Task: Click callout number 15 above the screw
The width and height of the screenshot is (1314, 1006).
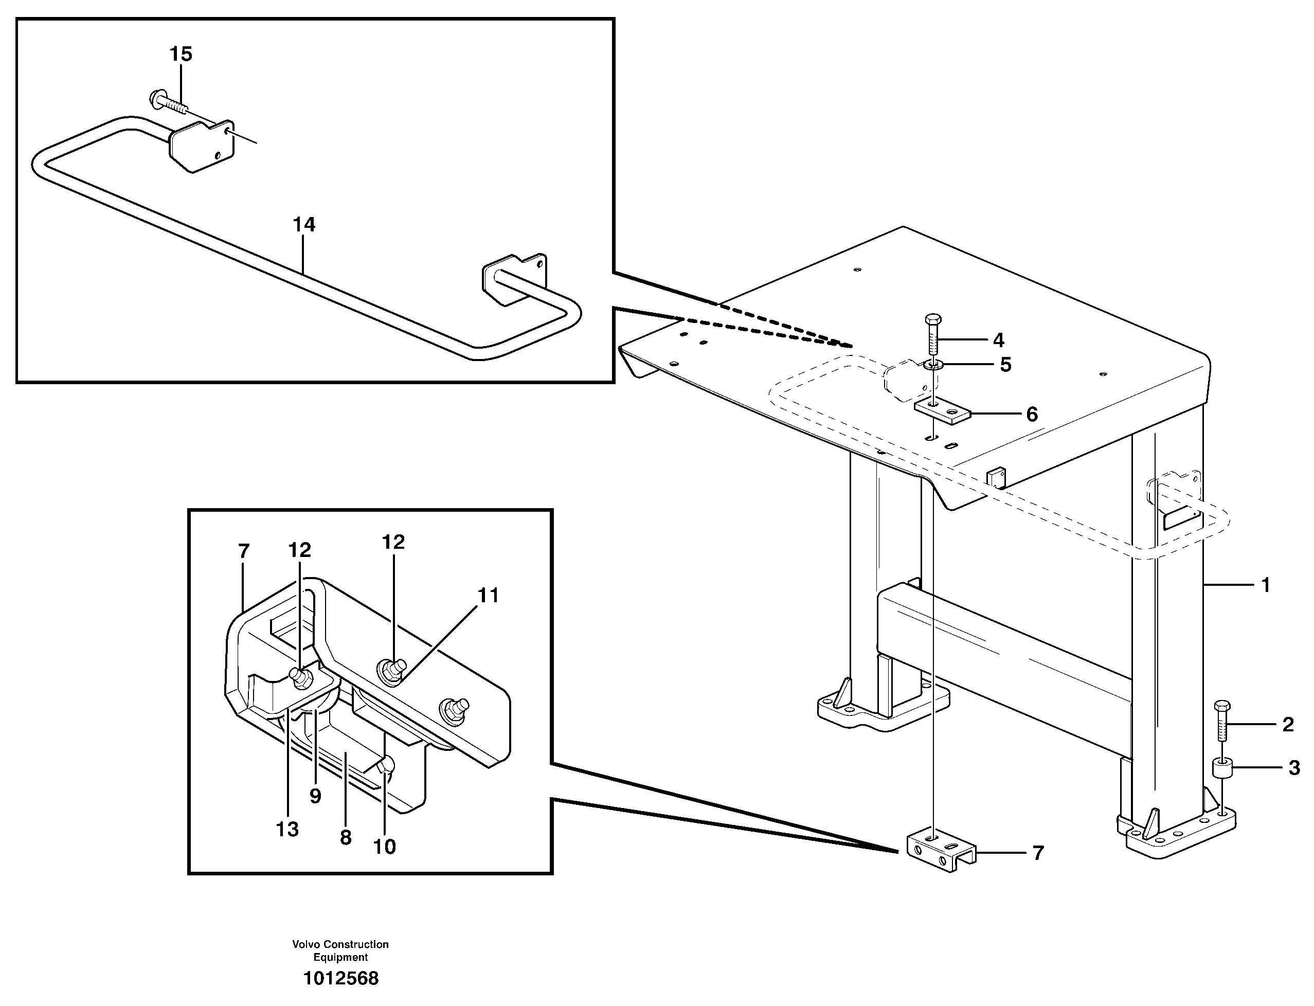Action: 181,54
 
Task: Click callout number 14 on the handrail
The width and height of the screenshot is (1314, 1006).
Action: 303,225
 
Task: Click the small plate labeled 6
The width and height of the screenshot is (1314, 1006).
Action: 941,412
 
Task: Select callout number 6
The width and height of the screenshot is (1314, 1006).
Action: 1032,415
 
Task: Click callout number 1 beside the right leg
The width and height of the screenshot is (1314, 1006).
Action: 1265,585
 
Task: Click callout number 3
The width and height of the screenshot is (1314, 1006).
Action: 1294,768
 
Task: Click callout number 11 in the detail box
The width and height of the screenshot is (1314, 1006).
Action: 488,595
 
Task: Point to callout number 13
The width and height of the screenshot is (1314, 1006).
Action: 287,830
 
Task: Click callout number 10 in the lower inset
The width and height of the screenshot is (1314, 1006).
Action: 384,847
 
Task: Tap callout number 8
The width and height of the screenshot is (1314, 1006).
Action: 346,838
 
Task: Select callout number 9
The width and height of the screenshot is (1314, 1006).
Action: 315,796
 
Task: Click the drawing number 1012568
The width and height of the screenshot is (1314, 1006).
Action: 340,978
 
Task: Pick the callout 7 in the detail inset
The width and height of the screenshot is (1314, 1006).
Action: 243,551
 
